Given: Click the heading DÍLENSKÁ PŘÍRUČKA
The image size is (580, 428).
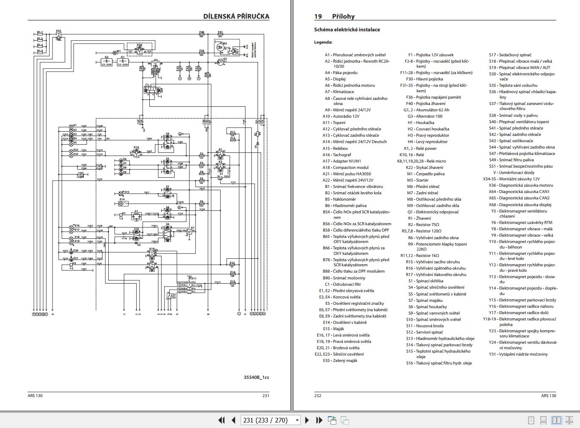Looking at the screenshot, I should coord(236,17).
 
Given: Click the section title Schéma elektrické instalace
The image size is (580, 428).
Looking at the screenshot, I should coord(347,30).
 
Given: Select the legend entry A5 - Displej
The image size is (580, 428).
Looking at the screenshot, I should coord(335,79).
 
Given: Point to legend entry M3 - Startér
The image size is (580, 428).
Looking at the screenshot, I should coord(418,180).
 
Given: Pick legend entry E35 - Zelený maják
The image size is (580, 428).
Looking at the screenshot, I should coord(340,361).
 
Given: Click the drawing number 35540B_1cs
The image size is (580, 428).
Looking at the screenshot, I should coord(256,377).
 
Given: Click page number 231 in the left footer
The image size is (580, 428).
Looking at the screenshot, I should coord(266,396).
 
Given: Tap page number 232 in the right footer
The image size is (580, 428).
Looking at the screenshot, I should coord(318,396).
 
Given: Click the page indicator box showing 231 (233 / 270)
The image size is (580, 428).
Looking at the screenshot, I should coord(270,420).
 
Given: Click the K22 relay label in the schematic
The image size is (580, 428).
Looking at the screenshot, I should coord(58,31).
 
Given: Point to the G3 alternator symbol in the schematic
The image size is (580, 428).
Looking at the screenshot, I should coord(221,62).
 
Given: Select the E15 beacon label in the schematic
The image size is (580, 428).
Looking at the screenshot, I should coord(126,192).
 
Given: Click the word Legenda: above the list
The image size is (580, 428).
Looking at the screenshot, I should coord(323,42).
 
